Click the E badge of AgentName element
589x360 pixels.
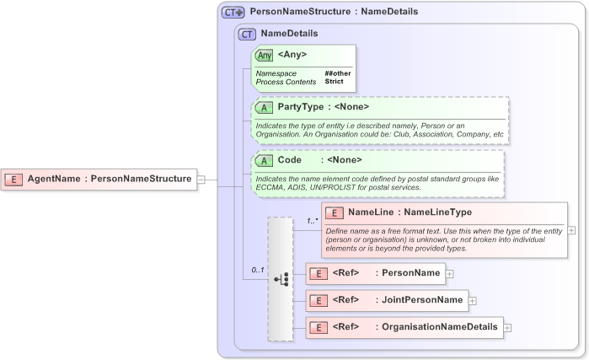click(x=14, y=179)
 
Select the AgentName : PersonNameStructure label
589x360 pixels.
click(x=109, y=179)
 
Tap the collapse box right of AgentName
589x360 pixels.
click(x=201, y=179)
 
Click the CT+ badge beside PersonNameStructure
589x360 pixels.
click(x=233, y=13)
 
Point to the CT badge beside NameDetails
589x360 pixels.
click(x=247, y=34)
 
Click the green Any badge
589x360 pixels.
click(x=264, y=55)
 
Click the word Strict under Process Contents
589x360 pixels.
click(x=334, y=82)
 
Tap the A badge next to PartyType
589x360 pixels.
click(x=264, y=107)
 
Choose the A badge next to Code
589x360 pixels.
click(x=264, y=160)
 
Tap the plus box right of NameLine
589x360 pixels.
click(x=572, y=229)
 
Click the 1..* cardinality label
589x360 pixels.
click(x=311, y=221)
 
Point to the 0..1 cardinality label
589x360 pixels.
click(x=258, y=270)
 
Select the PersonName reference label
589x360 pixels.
click(x=410, y=273)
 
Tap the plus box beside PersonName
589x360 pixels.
click(x=449, y=273)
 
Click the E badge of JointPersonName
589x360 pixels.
click(x=318, y=300)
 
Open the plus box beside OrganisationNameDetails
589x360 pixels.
click(x=507, y=327)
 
